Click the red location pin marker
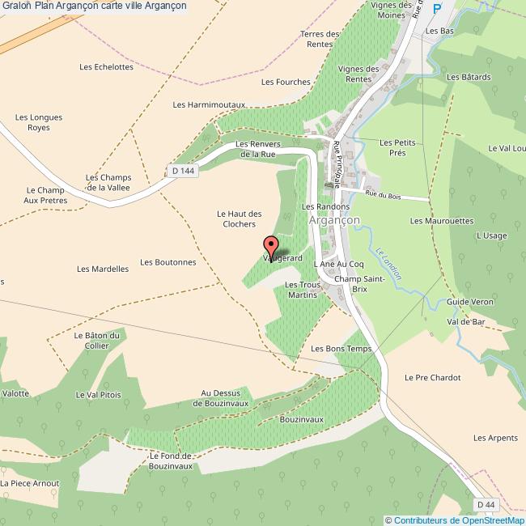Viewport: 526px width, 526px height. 271,246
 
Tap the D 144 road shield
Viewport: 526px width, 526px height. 184,171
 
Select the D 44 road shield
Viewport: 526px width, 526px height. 485,504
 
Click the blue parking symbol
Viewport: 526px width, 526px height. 438,9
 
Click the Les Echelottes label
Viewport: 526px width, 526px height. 107,67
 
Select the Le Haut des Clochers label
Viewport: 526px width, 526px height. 235,218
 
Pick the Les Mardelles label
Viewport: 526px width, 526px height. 103,269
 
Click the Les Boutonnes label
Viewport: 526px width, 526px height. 168,262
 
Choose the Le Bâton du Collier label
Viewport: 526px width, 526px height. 96,341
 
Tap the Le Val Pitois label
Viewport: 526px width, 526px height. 98,395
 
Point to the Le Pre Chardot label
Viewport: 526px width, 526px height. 432,378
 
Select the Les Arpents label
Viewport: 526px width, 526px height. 495,438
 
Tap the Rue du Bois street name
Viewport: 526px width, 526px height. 383,195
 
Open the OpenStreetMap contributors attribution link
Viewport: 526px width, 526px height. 455,520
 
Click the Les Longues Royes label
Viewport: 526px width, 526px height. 39,122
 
